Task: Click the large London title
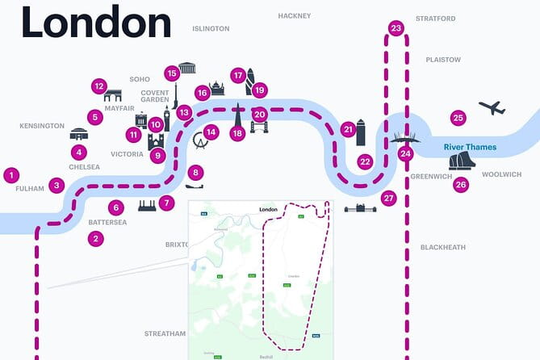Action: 96,22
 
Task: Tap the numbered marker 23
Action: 396,28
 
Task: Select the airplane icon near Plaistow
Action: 491,107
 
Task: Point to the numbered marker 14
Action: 211,132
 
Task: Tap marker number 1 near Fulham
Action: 10,174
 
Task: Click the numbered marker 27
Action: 389,198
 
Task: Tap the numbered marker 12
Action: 99,86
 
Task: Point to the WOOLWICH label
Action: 503,174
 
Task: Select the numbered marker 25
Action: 458,118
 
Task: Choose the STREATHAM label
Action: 165,333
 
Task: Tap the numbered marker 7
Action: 166,203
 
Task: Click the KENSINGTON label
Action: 41,126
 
